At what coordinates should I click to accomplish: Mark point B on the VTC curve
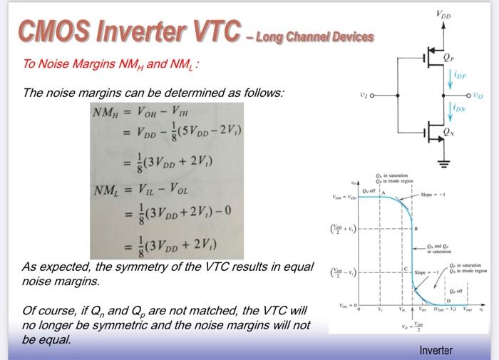click(416, 229)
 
